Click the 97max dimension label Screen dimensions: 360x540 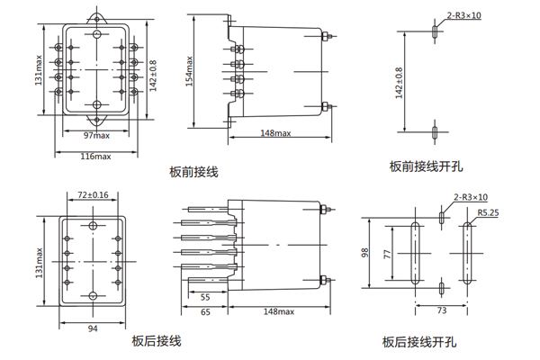tap(96, 135)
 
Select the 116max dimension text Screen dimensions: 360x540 tap(96, 157)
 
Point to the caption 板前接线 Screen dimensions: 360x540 tap(193, 170)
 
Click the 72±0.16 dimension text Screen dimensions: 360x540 tap(93, 194)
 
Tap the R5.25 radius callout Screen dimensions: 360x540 tap(488, 213)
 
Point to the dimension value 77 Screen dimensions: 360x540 tap(388, 255)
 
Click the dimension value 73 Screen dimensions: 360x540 tap(442, 310)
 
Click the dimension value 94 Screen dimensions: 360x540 tap(93, 328)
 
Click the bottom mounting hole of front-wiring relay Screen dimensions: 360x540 tap(96, 104)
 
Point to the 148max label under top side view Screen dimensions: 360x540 tap(275, 135)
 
